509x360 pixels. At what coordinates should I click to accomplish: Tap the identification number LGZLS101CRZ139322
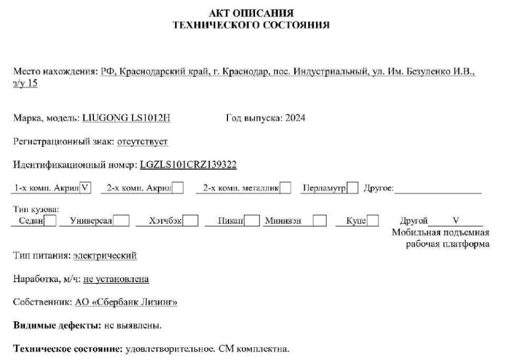click(189, 165)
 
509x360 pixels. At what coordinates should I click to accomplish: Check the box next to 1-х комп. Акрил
click(85, 188)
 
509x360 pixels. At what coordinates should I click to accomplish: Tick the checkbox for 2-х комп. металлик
click(285, 188)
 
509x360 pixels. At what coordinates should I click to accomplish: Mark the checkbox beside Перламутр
click(353, 188)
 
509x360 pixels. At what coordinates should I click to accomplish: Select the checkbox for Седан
click(50, 221)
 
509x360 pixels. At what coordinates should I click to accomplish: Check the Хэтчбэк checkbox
click(190, 221)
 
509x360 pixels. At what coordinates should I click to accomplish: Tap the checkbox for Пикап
click(252, 221)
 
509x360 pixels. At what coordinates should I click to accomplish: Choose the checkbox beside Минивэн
click(319, 221)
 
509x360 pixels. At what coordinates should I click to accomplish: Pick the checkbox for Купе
click(373, 221)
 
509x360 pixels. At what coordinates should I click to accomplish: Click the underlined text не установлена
click(116, 279)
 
